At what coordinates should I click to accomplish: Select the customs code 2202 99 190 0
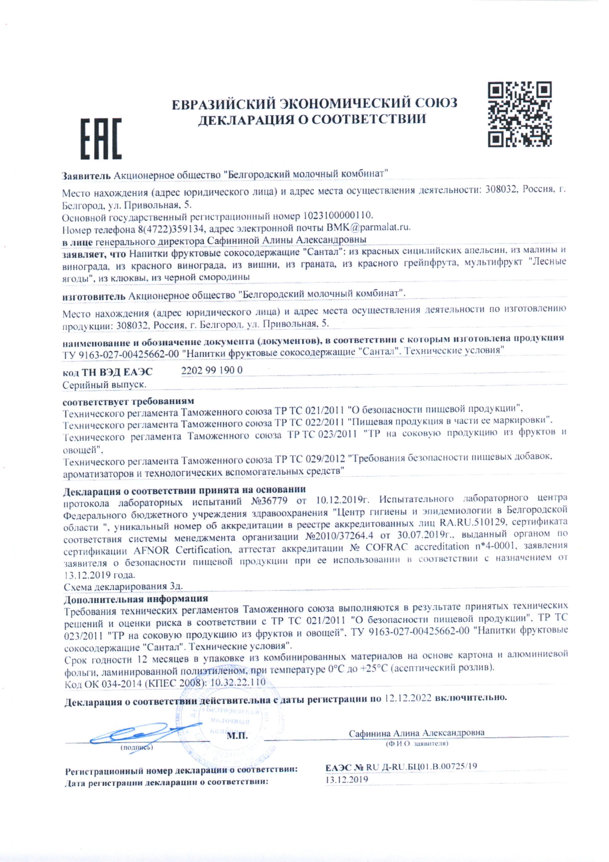coord(212,370)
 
